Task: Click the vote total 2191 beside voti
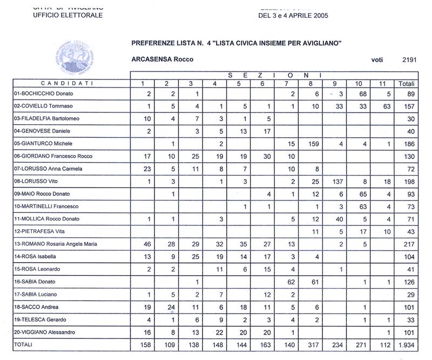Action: [409, 60]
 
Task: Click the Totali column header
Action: [406, 84]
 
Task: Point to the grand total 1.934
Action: [406, 344]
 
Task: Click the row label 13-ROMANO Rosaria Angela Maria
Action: [55, 244]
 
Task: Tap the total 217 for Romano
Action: [408, 244]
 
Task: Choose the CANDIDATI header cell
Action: [71, 84]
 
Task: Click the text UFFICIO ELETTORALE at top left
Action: [68, 15]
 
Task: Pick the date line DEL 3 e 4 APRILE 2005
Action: [293, 15]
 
